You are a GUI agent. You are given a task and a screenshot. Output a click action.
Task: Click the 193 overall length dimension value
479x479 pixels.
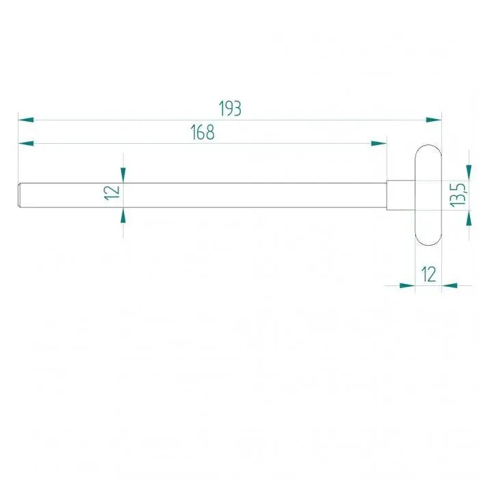(x=231, y=108)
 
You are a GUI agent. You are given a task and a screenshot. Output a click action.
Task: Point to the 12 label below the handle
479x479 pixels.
(x=428, y=274)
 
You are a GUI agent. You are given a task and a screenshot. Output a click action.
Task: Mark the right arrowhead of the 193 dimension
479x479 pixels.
(x=434, y=120)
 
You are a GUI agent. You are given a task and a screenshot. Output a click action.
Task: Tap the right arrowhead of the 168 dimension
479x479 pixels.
(x=379, y=143)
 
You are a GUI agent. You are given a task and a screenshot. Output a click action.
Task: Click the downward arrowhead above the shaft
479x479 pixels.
(x=123, y=175)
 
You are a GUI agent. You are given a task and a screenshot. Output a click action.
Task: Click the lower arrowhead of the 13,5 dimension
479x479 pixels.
(x=469, y=217)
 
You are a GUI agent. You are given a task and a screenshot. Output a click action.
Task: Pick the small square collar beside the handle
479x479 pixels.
(x=400, y=195)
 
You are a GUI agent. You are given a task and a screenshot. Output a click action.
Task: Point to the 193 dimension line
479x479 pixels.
(x=308, y=120)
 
